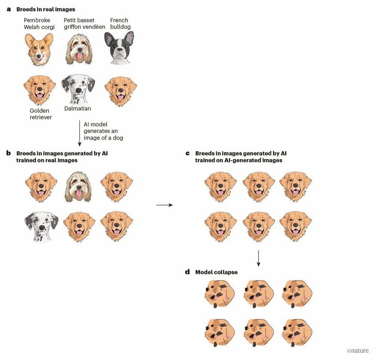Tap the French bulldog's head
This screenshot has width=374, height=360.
point(119,48)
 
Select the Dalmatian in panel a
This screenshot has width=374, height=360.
point(78,89)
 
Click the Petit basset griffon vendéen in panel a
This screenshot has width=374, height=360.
point(79,49)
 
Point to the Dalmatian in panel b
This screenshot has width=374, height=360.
point(42,227)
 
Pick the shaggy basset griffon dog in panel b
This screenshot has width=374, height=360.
point(78,187)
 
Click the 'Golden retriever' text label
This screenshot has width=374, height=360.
point(41,114)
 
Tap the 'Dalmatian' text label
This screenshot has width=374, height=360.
point(77,109)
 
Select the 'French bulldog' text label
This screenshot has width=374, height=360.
point(120,24)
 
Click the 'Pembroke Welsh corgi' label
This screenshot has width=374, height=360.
point(39,24)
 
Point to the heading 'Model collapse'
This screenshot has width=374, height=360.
point(216,272)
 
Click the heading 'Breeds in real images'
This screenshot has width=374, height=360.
point(46,9)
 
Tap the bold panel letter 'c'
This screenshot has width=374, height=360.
point(187,153)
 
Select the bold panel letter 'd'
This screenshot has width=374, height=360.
point(187,272)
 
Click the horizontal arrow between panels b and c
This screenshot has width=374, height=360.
point(165,205)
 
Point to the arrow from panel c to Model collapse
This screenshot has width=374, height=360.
point(258,258)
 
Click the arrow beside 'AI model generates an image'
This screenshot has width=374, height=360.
point(80,133)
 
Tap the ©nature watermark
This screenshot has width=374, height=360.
point(358,351)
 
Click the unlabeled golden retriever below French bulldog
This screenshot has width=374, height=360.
point(121,91)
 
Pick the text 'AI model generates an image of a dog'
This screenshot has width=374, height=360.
point(103,131)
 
